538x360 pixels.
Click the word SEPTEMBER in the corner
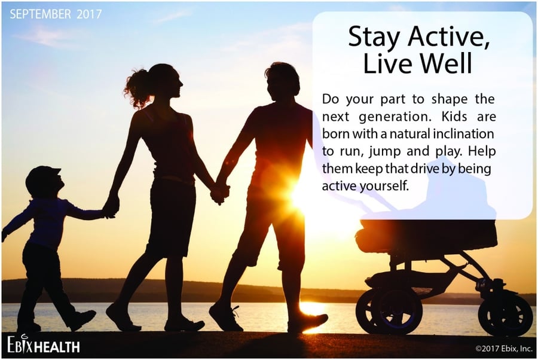click(41, 14)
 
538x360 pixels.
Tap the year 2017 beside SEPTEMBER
click(89, 14)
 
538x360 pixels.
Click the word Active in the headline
click(449, 36)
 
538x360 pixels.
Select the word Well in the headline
click(447, 63)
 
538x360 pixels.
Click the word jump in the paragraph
click(384, 152)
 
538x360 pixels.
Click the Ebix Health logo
click(44, 344)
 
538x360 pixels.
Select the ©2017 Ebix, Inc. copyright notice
click(504, 349)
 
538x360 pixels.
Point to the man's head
click(282, 82)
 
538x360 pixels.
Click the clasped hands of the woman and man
click(219, 194)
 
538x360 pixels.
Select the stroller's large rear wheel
click(389, 312)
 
